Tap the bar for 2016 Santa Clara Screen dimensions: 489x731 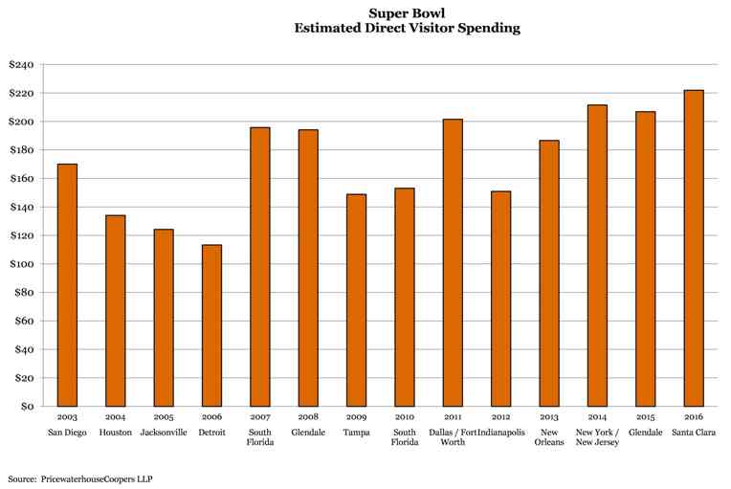[694, 248]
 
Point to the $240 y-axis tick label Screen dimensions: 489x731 [20, 65]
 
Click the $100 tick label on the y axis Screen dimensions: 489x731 [20, 264]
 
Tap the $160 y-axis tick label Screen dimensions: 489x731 [20, 179]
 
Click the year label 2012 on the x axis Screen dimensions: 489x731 [500, 418]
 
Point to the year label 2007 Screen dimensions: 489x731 [259, 418]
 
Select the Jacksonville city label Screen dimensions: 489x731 [164, 433]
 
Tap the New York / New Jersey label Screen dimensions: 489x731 [597, 437]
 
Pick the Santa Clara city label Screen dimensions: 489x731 [694, 433]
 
